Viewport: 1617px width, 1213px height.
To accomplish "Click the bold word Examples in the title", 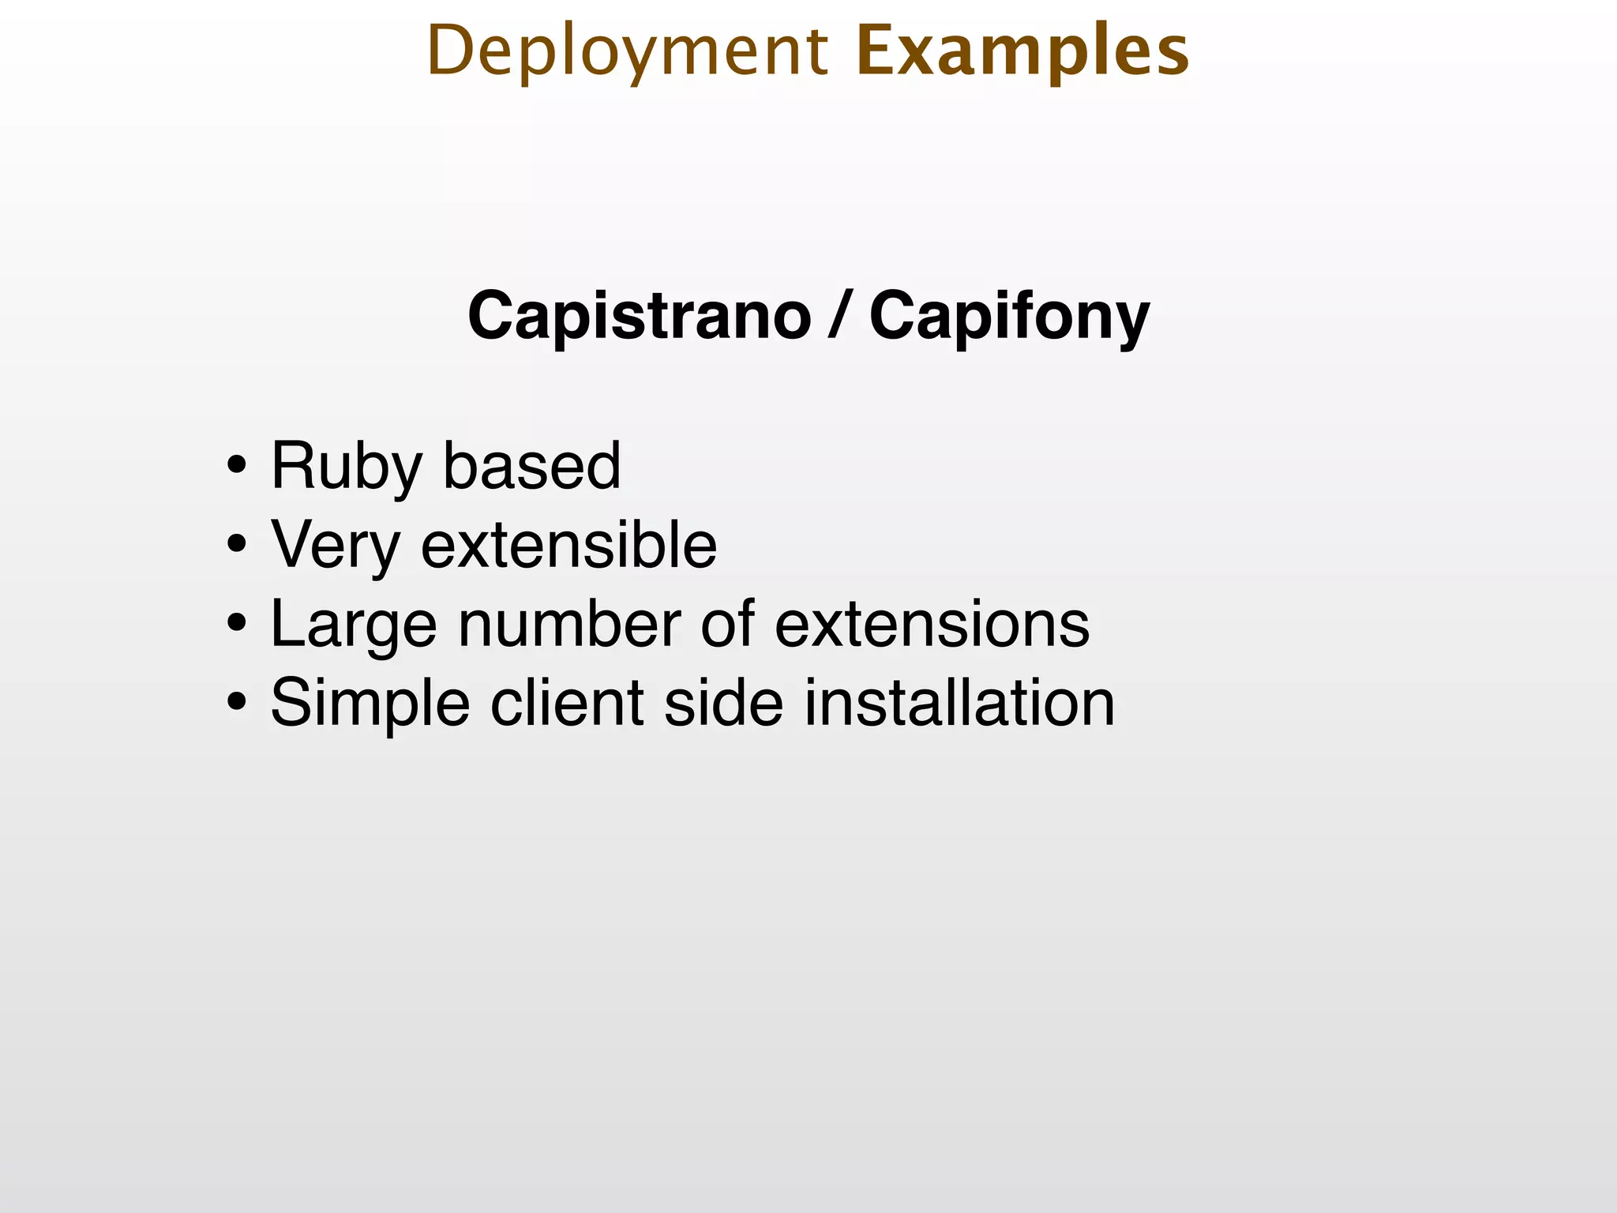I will click(1022, 52).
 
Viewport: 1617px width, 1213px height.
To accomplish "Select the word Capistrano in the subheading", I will click(639, 316).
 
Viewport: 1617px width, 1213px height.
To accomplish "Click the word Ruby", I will click(346, 468).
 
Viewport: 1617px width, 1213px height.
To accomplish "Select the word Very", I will click(336, 546).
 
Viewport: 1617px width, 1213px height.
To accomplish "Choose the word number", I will click(568, 624).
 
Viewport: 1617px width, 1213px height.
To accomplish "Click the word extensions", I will click(932, 624).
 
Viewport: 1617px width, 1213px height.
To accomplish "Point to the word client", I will click(567, 703).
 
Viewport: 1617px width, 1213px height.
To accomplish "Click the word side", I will click(723, 703).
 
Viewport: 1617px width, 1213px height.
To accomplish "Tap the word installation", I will click(959, 703).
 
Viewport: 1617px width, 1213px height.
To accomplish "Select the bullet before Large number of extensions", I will click(235, 624).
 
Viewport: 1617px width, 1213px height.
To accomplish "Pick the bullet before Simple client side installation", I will click(235, 703).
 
